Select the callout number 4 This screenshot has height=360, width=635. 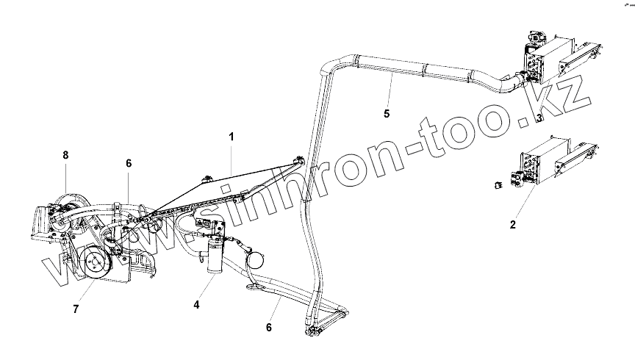click(x=196, y=304)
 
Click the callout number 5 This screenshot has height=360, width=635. click(x=387, y=113)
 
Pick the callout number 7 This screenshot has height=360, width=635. click(x=75, y=309)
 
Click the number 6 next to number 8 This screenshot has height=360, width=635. click(x=128, y=163)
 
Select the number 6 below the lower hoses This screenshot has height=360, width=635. click(x=269, y=327)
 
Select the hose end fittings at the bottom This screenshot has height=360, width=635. click(x=312, y=334)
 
